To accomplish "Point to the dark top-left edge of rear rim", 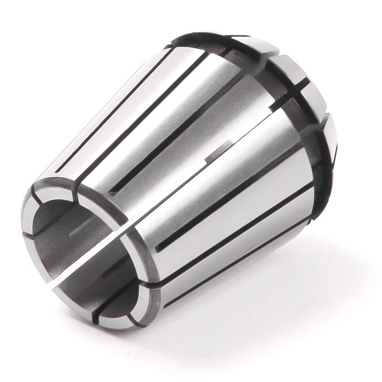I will click(x=191, y=38).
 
